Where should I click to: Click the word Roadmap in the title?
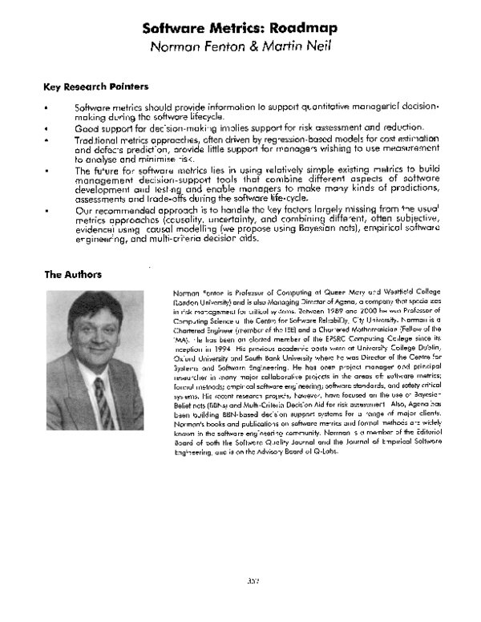tap(298, 28)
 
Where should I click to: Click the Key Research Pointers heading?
tap(95, 87)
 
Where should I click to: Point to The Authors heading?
tap(73, 275)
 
